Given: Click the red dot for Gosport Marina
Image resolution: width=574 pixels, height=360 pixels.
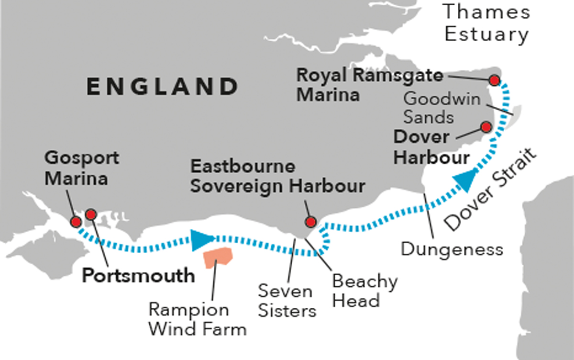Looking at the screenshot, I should coord(76,222).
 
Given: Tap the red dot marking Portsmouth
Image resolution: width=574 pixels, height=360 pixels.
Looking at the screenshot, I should coord(90,215).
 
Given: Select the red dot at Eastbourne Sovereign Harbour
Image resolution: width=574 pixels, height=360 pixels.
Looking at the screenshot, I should coord(310,222).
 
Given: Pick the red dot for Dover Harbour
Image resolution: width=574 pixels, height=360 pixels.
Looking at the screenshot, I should coord(486,127).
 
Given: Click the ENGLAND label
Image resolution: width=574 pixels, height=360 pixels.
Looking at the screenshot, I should coord(162,87).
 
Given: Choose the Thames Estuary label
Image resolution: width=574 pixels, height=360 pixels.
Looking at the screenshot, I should coord(486,22).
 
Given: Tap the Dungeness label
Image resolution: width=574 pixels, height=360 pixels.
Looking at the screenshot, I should coord(452,249).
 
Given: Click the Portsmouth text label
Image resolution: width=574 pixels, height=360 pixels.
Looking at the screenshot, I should coord(139,276).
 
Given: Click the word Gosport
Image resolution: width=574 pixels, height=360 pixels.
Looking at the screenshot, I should coord(82,157).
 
